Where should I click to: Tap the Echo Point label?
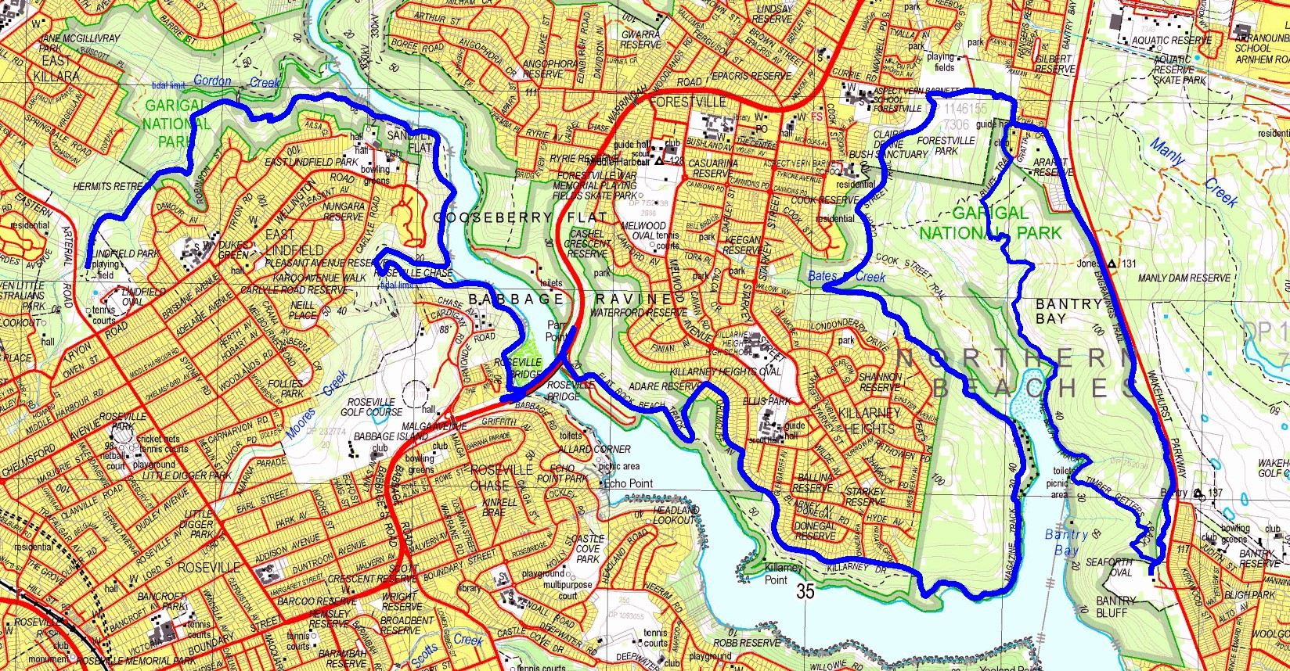(x=628, y=483)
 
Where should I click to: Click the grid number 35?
(x=805, y=591)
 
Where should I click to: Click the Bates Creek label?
(x=846, y=276)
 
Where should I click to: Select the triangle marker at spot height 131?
(x=1112, y=264)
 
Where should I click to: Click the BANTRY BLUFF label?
(x=1116, y=606)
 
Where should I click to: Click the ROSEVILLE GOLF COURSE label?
(x=372, y=407)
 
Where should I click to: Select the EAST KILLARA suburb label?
(x=56, y=69)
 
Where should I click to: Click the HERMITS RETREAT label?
(x=109, y=187)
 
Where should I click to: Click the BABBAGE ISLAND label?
(x=380, y=437)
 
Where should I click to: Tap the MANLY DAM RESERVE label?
(x=1184, y=278)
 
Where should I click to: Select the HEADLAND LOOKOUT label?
(x=675, y=515)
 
